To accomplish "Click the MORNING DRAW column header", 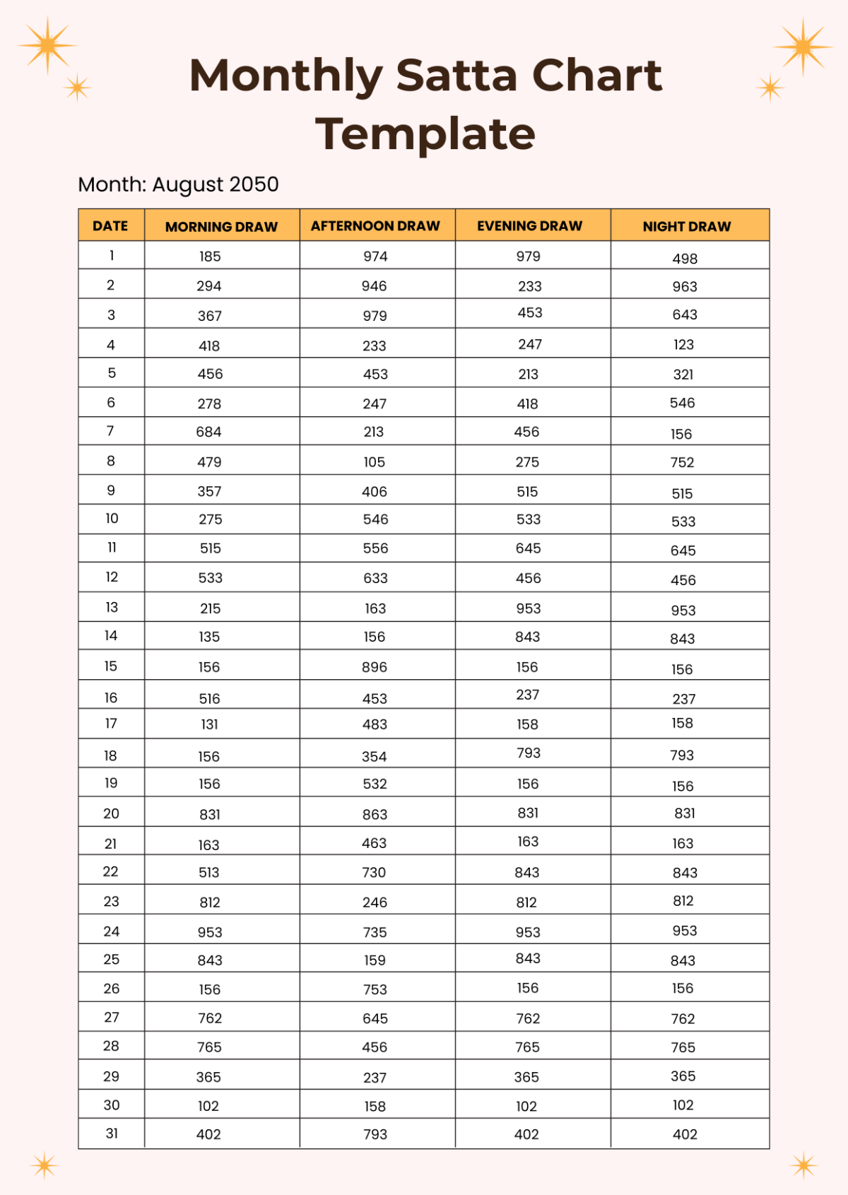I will click(221, 227).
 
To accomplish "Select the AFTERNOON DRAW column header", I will click(375, 226).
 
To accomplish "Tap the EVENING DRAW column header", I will click(529, 226).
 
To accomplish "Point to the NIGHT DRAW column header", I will click(687, 227).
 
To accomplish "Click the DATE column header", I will click(110, 226).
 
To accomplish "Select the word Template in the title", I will click(425, 134).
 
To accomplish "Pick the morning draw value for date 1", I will click(210, 257).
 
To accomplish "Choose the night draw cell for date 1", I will click(685, 259).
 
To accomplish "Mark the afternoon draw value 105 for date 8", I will click(375, 462).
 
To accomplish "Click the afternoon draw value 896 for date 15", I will click(375, 667).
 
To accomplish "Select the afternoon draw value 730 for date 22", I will click(375, 873).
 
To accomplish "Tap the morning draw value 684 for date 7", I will click(209, 432).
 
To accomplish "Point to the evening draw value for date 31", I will click(526, 1134).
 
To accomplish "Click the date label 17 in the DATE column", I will click(111, 724).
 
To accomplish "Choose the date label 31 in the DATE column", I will click(112, 1134).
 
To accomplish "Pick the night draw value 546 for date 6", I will click(683, 403).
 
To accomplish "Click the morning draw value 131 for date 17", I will click(210, 724).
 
